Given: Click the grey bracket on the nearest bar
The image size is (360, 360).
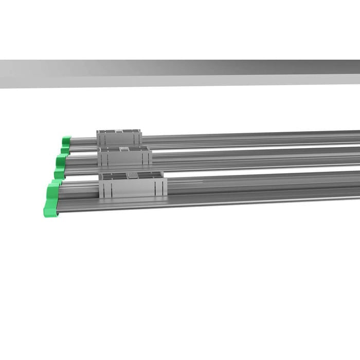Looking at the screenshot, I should pyautogui.click(x=132, y=185).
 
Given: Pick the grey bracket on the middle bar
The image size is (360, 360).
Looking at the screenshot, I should pyautogui.click(x=124, y=156).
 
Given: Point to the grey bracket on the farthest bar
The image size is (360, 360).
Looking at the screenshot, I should pyautogui.click(x=119, y=137).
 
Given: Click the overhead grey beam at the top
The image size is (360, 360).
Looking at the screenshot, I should pyautogui.click(x=180, y=68).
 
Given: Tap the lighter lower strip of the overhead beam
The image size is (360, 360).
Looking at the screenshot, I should pyautogui.click(x=180, y=81).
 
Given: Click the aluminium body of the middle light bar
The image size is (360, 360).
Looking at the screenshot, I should pyautogui.click(x=257, y=160).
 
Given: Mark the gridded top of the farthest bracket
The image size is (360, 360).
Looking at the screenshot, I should pyautogui.click(x=118, y=131).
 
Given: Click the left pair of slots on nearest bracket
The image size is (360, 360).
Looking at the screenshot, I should pyautogui.click(x=110, y=189).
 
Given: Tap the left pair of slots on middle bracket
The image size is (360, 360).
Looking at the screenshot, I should pyautogui.click(x=105, y=159).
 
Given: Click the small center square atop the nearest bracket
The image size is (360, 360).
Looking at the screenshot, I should pyautogui.click(x=133, y=175).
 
